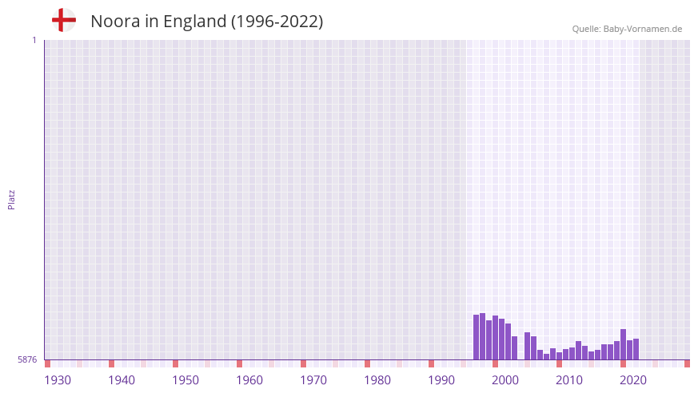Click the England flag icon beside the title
click(x=64, y=20)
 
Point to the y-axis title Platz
click(x=11, y=199)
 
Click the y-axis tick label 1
click(x=34, y=40)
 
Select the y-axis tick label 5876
click(x=27, y=359)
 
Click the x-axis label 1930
click(x=58, y=380)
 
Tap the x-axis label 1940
click(x=122, y=380)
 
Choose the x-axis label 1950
click(x=185, y=380)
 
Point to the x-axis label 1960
click(x=249, y=380)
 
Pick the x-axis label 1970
click(x=313, y=380)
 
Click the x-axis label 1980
click(x=377, y=380)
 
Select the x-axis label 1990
click(x=441, y=380)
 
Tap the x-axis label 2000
click(x=505, y=380)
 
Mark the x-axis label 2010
click(x=569, y=380)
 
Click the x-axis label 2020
click(x=633, y=380)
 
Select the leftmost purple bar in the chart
click(x=477, y=337)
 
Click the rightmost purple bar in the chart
click(x=636, y=349)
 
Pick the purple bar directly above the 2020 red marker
click(x=623, y=344)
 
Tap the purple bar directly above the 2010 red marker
click(x=559, y=355)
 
